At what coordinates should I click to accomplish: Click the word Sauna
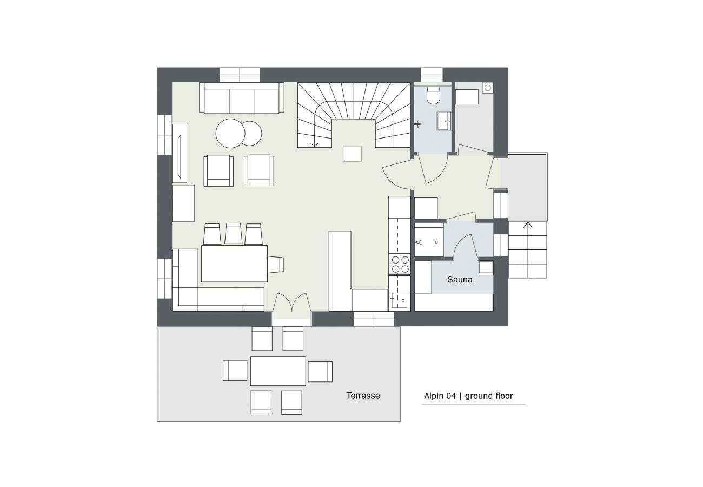460,279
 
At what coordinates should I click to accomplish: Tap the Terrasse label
363,396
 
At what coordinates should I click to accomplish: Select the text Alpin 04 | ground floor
468,396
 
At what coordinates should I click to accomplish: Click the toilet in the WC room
434,95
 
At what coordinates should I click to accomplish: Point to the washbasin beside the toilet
444,121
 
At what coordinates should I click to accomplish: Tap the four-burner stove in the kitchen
399,264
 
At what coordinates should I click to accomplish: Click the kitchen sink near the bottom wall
400,300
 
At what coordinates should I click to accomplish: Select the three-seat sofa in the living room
241,97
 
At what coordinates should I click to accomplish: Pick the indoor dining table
234,264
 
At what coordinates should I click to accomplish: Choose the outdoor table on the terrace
278,371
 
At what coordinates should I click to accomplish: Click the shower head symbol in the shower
420,242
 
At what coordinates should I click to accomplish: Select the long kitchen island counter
340,271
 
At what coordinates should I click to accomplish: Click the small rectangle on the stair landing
352,154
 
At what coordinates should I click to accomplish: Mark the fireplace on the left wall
180,154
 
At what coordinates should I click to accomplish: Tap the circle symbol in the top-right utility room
488,88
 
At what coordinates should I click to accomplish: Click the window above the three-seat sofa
240,75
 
